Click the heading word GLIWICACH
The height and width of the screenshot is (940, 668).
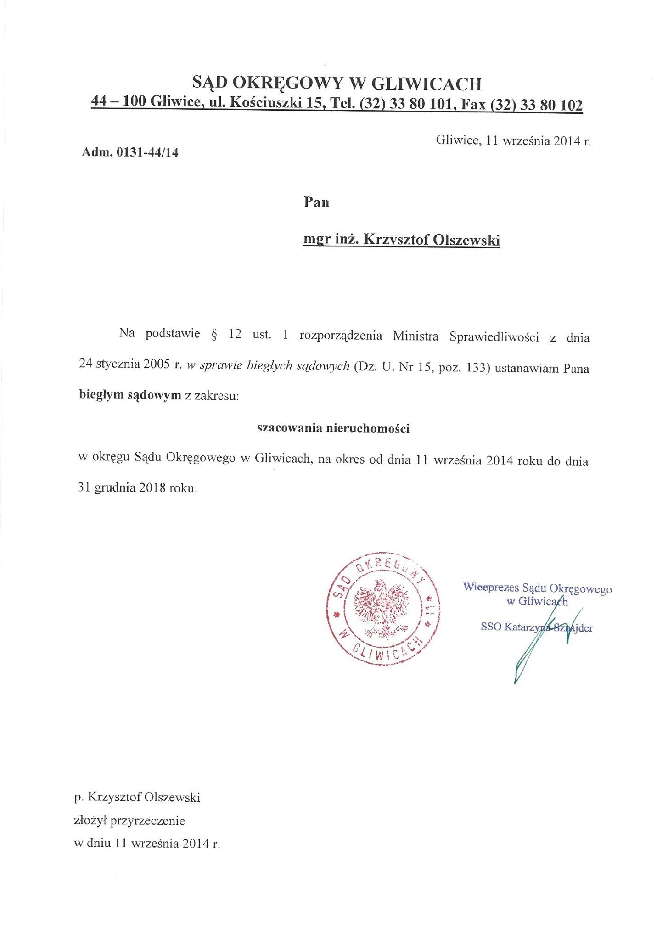click(x=426, y=84)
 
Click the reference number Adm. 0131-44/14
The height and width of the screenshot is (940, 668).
click(x=130, y=152)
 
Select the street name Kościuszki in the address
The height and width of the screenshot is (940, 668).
click(x=265, y=102)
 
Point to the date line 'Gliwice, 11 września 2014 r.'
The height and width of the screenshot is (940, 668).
click(x=513, y=140)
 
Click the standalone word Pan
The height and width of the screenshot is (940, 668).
click(x=316, y=202)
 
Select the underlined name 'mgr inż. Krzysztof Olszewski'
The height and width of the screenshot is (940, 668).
click(x=401, y=240)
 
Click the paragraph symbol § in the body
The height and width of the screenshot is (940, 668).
click(x=214, y=334)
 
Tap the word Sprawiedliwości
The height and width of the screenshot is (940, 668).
click(x=494, y=337)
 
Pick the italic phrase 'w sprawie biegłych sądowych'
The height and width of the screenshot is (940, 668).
click(x=268, y=366)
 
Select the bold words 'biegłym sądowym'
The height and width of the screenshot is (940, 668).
click(x=130, y=395)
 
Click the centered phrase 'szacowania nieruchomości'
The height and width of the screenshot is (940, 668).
click(x=333, y=428)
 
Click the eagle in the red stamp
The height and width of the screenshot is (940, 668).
click(x=382, y=610)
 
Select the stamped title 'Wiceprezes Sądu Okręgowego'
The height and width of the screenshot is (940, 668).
click(x=537, y=587)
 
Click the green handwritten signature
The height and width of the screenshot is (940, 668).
click(x=542, y=643)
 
